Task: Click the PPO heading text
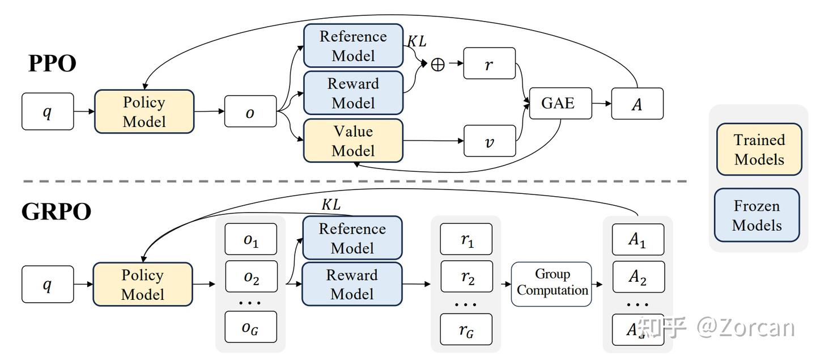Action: [52, 63]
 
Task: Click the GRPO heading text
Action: [56, 211]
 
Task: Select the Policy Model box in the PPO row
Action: [144, 112]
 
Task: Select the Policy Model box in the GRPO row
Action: [143, 285]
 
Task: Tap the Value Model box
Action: [353, 141]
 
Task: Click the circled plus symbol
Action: [437, 65]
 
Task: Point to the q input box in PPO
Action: [48, 112]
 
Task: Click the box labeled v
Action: [490, 141]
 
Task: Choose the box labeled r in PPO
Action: [490, 63]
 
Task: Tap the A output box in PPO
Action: [637, 104]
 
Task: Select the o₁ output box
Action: [251, 240]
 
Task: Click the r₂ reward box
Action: [466, 276]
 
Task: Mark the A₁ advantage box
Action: [637, 240]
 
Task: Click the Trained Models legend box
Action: [759, 150]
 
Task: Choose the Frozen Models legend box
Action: [756, 215]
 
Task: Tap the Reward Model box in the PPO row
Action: [353, 93]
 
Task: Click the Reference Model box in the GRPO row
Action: [352, 238]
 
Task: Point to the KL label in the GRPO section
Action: [331, 205]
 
